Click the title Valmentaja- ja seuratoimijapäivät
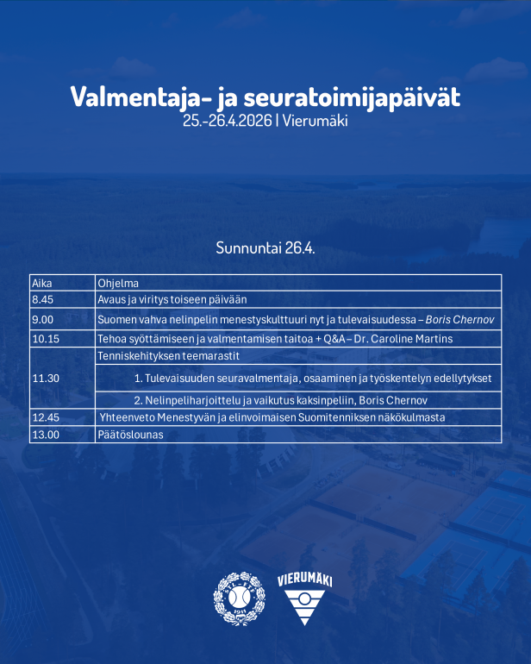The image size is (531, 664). click(x=265, y=97)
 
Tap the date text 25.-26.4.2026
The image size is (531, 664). click(x=228, y=122)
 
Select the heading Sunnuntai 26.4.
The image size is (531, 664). click(x=265, y=248)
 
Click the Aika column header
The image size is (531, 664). click(x=41, y=283)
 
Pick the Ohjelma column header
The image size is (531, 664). click(x=117, y=283)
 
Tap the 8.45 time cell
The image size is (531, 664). click(x=42, y=299)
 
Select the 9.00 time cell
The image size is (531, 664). click(x=42, y=320)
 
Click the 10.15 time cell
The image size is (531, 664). click(x=45, y=339)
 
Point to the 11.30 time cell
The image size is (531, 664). click(x=45, y=378)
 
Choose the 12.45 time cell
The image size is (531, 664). click(x=45, y=417)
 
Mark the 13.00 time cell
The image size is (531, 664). click(x=45, y=435)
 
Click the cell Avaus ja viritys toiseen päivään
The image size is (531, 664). click(x=172, y=299)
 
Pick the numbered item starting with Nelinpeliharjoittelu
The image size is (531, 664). click(x=281, y=400)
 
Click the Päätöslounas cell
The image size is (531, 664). click(x=130, y=435)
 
